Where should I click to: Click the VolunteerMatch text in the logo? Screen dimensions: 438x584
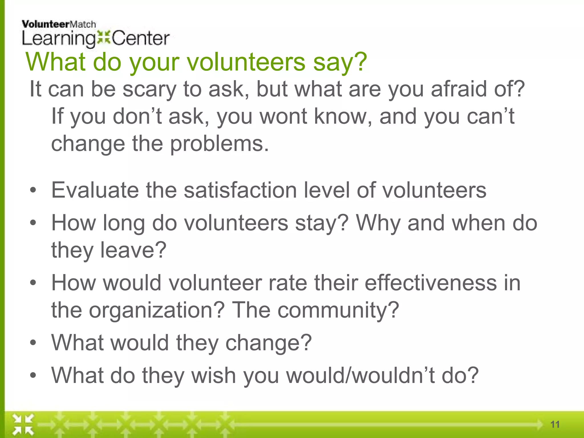click(59, 25)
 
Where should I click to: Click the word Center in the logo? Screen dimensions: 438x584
click(141, 38)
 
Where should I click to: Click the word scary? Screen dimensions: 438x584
click(149, 90)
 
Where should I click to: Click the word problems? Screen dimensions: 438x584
click(220, 144)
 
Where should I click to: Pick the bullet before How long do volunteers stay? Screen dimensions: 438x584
click(33, 223)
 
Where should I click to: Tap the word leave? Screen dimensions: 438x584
click(133, 250)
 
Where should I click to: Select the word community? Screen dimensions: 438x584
click(338, 311)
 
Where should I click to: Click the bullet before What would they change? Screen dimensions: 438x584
click(33, 342)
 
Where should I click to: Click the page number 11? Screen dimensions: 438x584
click(555, 425)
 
